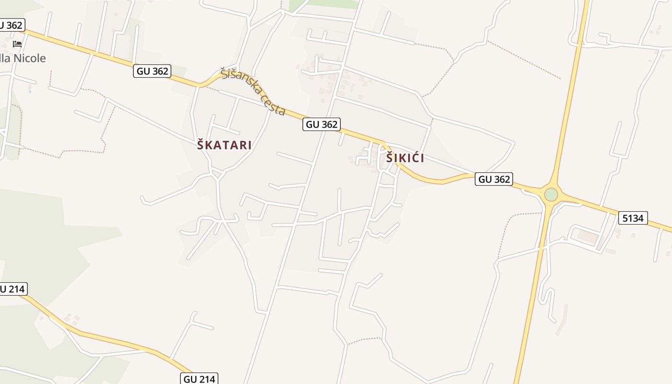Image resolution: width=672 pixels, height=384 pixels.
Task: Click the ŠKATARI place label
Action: pyautogui.click(x=224, y=145)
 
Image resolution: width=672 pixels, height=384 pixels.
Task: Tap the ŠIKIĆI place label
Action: pyautogui.click(x=405, y=158)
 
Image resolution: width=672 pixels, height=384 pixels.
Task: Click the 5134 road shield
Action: pyautogui.click(x=632, y=218)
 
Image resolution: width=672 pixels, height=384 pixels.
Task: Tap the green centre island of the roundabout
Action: pyautogui.click(x=551, y=194)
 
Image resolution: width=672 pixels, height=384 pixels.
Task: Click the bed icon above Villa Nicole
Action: pyautogui.click(x=17, y=44)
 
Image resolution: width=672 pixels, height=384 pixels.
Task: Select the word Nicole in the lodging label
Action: pyautogui.click(x=30, y=59)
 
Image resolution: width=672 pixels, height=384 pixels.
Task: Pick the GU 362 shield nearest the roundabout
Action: pyautogui.click(x=494, y=179)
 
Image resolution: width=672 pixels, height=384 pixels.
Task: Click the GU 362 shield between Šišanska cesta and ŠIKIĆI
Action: pyautogui.click(x=322, y=124)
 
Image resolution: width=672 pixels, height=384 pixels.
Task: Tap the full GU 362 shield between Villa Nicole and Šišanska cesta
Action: pyautogui.click(x=153, y=71)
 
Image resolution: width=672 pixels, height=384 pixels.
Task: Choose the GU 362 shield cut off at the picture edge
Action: pyautogui.click(x=11, y=25)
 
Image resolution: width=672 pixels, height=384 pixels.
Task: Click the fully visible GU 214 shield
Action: pyautogui.click(x=200, y=379)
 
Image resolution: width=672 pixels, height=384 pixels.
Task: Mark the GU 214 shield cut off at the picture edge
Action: pyautogui.click(x=12, y=288)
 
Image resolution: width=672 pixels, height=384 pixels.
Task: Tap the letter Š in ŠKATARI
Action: pyautogui.click(x=201, y=145)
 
